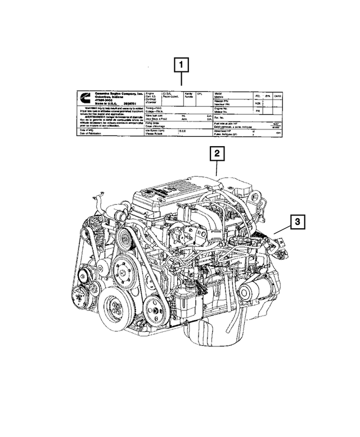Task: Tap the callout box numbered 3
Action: (298, 224)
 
